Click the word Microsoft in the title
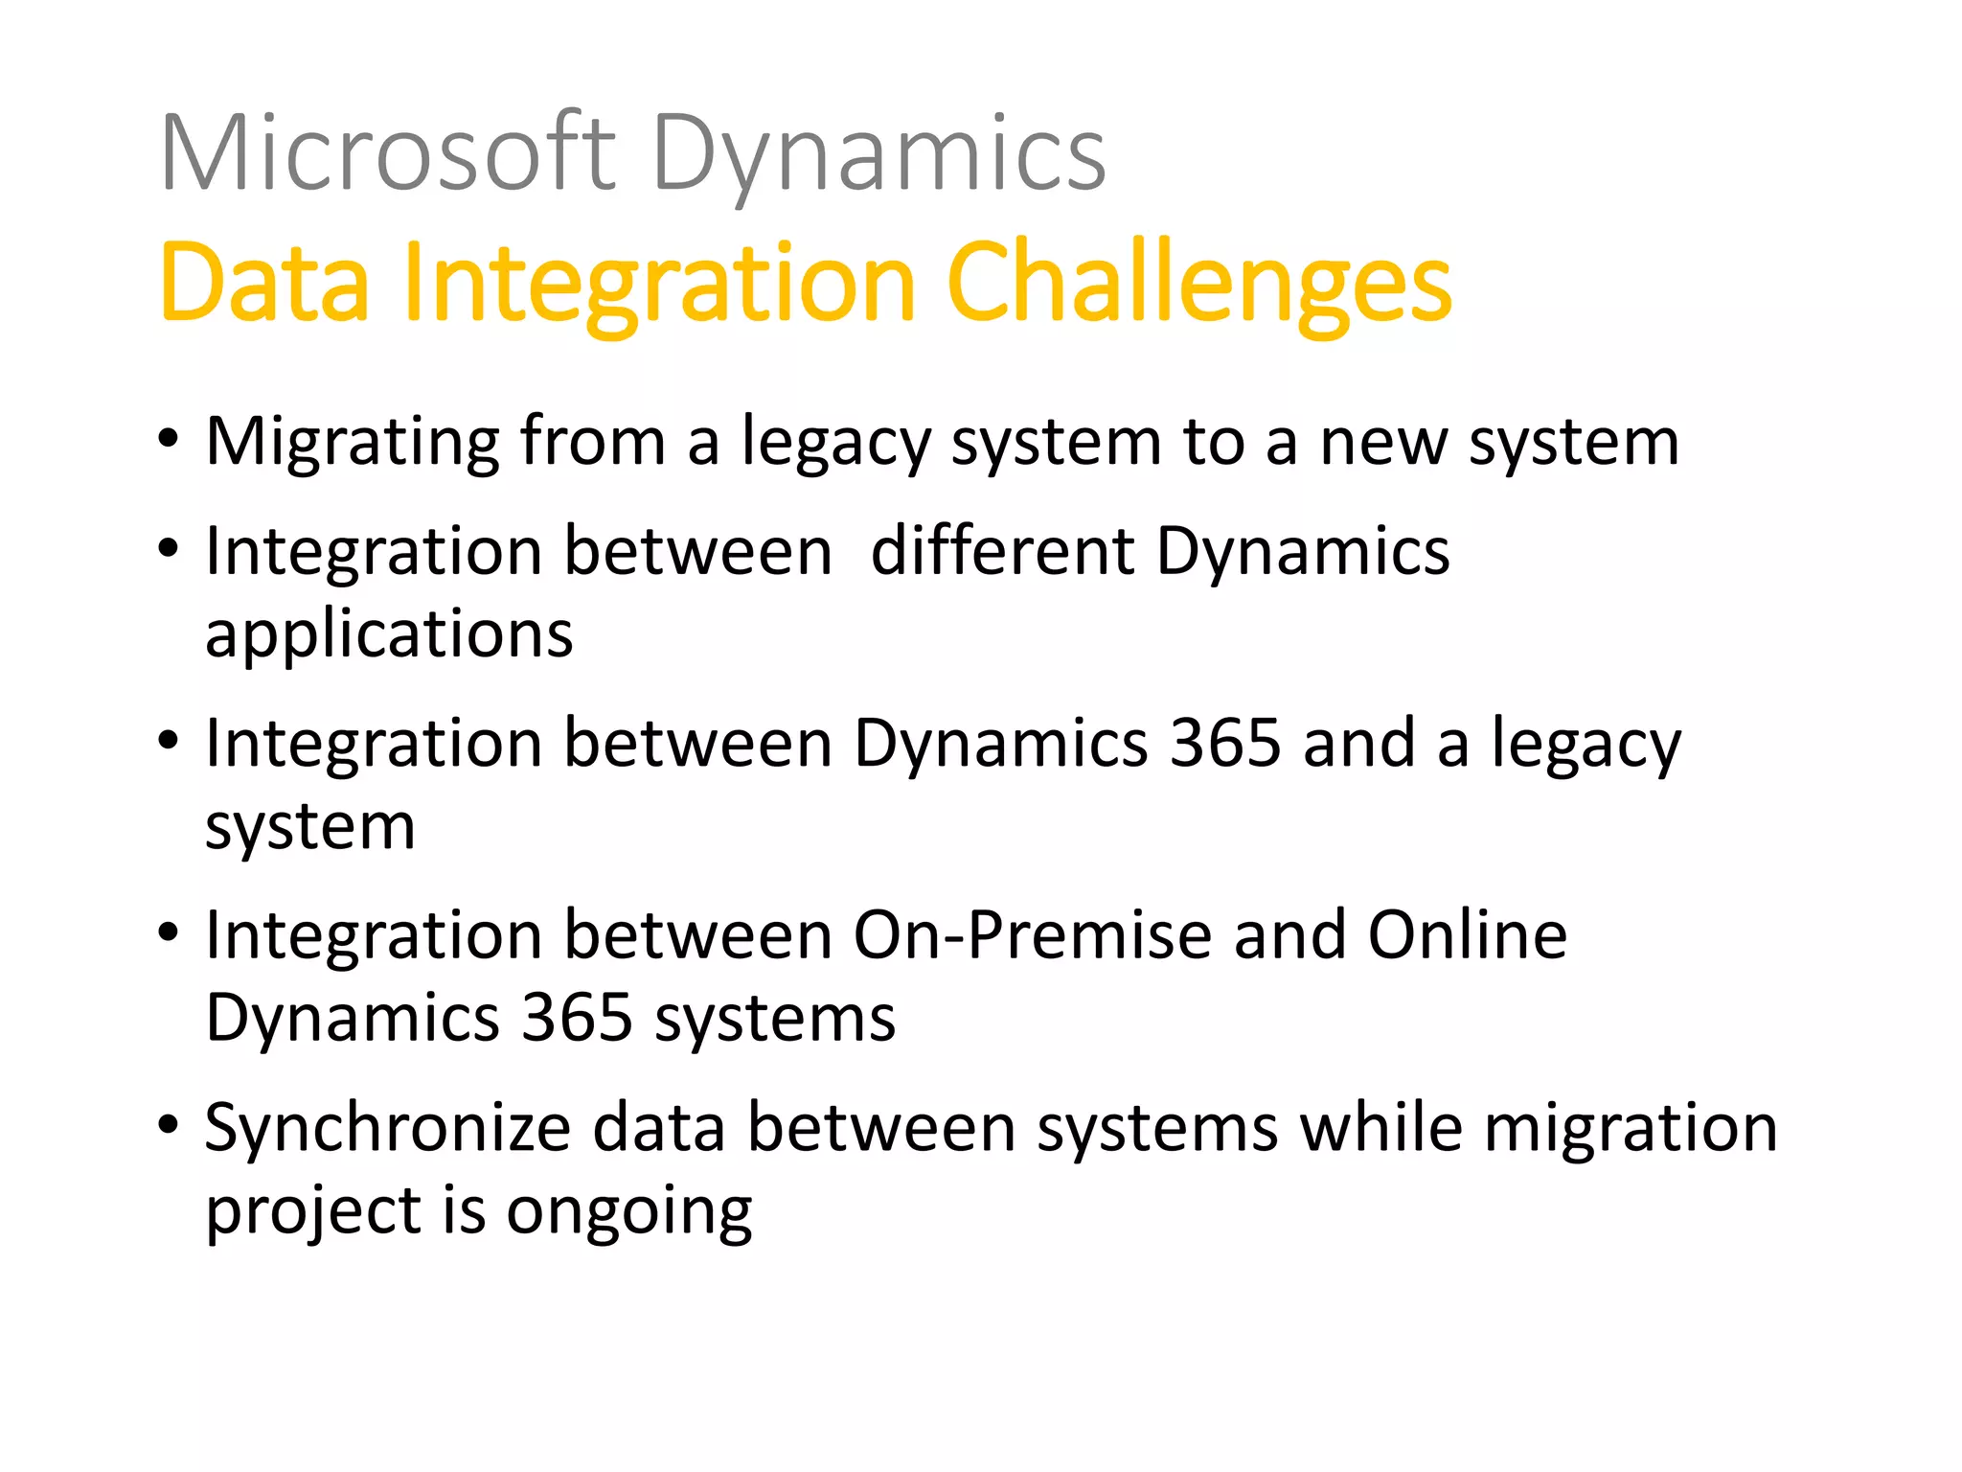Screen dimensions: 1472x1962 388,153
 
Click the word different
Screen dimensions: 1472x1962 1002,552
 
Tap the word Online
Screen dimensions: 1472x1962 1467,935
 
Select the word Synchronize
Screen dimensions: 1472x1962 388,1128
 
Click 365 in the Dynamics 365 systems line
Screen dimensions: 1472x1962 577,1018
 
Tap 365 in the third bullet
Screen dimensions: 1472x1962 1225,744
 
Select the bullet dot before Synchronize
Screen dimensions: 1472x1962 169,1125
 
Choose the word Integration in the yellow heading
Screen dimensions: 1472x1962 660,283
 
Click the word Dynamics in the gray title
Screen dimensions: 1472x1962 878,153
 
